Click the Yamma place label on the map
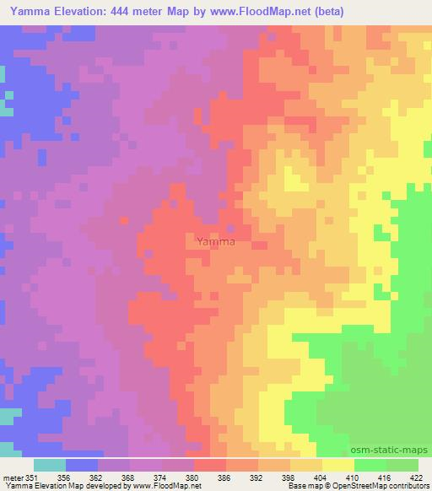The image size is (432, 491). click(215, 242)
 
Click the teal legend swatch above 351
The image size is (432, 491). click(50, 465)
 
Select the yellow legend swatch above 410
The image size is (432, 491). click(338, 465)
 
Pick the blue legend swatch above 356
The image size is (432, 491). click(82, 465)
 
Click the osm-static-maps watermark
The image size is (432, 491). click(396, 451)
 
